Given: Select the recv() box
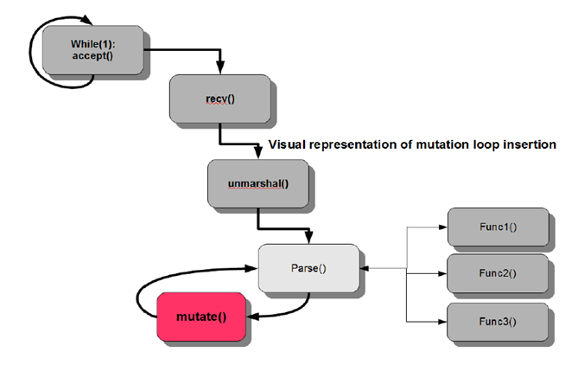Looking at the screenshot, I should tap(219, 99).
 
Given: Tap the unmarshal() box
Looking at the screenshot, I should tap(258, 181).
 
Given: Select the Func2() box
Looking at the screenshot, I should tap(496, 273).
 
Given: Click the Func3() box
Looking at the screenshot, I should tap(496, 322).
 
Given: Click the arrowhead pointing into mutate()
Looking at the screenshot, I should tap(252, 316).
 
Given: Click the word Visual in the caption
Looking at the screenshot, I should tap(287, 144).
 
